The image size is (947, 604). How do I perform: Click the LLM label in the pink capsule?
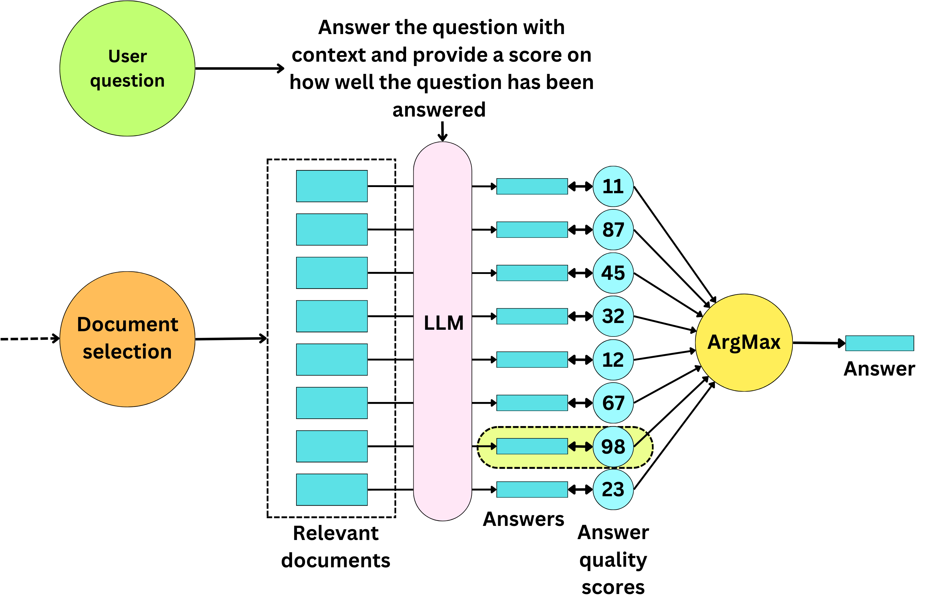[x=443, y=323]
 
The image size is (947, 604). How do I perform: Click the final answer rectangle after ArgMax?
[x=879, y=343]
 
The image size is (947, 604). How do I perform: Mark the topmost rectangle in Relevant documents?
[x=332, y=186]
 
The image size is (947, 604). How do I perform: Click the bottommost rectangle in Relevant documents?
[x=332, y=489]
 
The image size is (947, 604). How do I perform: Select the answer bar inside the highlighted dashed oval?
[x=532, y=446]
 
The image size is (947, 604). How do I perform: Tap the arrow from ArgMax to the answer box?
[x=818, y=343]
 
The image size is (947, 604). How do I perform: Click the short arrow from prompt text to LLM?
[x=442, y=131]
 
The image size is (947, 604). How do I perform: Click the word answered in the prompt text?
[x=439, y=110]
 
